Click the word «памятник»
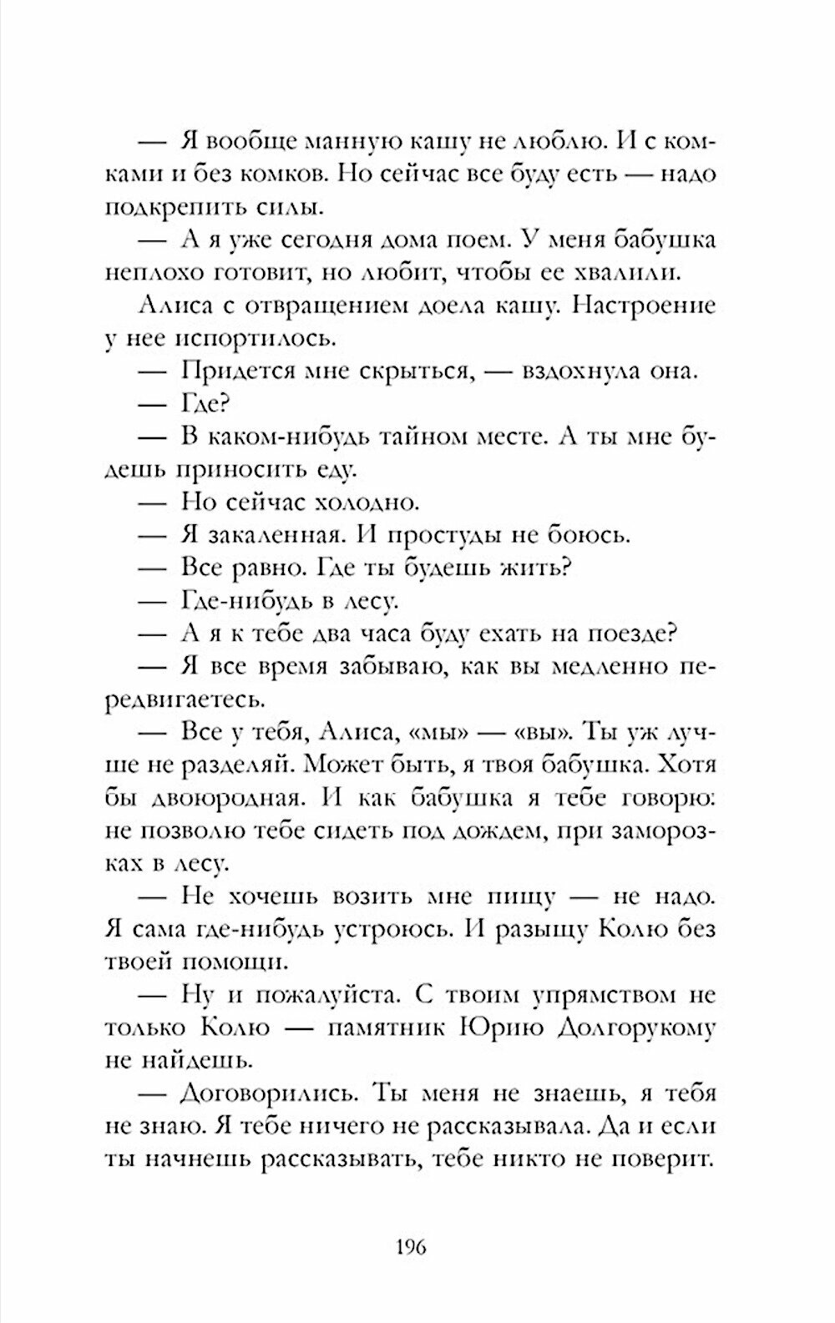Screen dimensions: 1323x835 (x=387, y=1029)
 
